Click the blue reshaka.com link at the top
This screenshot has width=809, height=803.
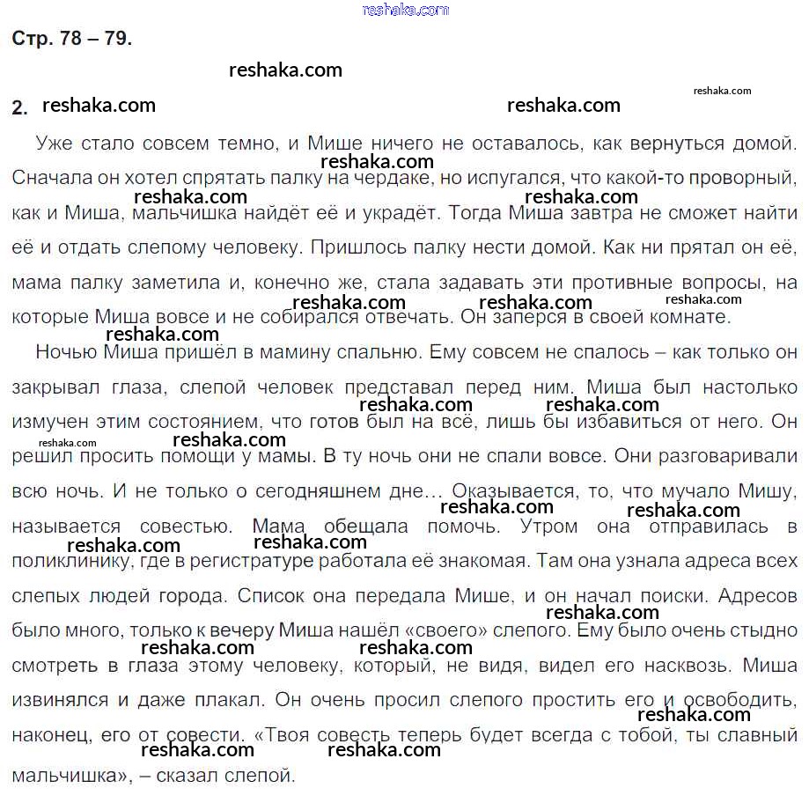405,10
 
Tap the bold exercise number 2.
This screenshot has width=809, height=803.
19,107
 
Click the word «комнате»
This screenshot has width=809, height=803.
695,317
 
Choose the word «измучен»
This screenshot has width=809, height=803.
47,422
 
